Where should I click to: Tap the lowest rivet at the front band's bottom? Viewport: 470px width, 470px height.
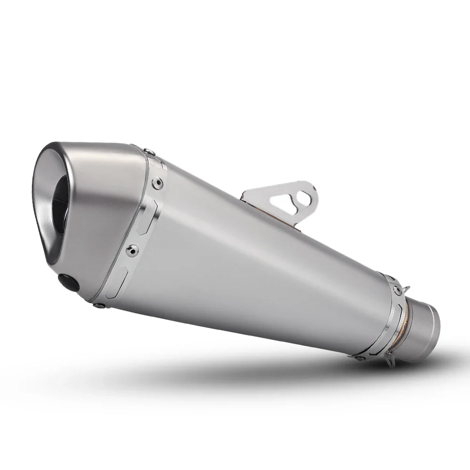tap(97, 306)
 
